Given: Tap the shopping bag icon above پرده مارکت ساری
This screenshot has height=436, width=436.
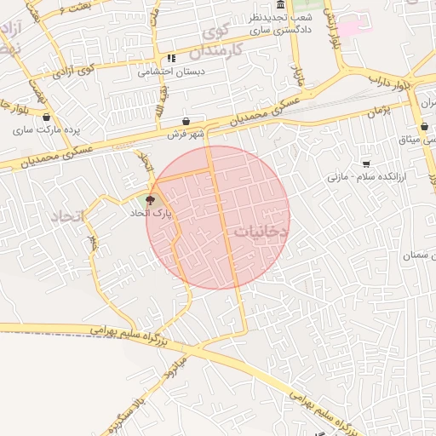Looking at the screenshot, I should coord(46,118).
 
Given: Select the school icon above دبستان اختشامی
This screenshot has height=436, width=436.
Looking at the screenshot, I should coord(172,59).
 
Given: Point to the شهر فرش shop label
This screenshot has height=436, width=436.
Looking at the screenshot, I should coord(186,134).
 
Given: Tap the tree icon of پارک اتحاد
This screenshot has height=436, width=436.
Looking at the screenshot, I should coord(151,201).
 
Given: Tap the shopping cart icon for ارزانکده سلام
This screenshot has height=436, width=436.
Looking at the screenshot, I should coord(366,163).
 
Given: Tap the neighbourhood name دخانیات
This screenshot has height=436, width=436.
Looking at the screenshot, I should coord(261,231).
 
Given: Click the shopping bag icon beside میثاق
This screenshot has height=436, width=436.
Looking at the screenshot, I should coord(424,127).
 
